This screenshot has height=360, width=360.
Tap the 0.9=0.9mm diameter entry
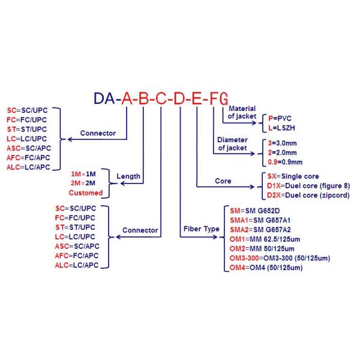[x=286, y=161]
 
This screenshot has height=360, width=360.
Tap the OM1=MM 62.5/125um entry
[x=268, y=239]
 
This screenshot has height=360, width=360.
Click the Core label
[x=223, y=181]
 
